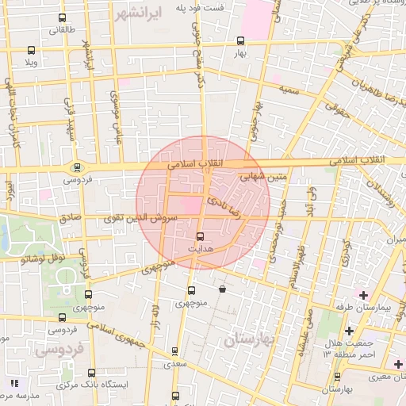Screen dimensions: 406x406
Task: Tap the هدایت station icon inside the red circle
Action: point(199,236)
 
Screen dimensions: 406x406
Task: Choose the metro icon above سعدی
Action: point(175,351)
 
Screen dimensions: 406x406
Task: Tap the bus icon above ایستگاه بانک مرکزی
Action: point(92,372)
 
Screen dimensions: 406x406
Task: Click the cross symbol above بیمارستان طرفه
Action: point(363,295)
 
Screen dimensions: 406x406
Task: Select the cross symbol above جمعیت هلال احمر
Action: point(349,330)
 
